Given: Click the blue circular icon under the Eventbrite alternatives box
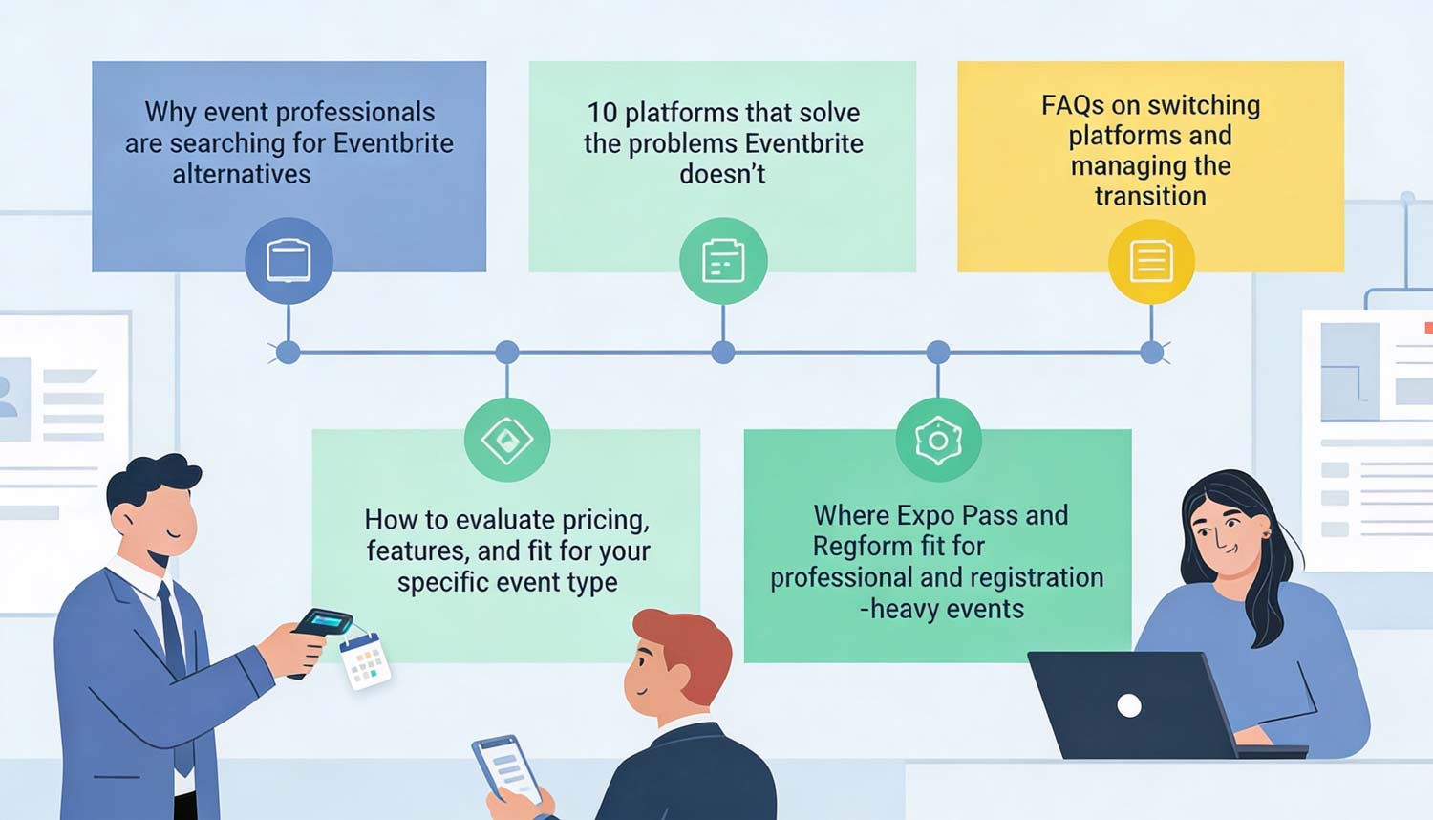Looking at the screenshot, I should (289, 261).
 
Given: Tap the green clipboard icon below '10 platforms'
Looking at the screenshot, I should (723, 261).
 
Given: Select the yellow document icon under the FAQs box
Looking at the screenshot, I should (1151, 261).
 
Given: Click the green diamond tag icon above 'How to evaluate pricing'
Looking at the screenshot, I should (507, 440).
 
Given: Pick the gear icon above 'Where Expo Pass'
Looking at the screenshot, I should (938, 440).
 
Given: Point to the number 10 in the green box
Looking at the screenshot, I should (602, 113).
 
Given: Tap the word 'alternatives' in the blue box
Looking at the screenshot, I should (242, 174).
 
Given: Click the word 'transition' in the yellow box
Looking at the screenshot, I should (1150, 196).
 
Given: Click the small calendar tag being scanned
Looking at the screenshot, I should (365, 659).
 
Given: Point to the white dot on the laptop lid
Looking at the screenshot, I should (1129, 705).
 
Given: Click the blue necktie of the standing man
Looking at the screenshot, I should (174, 650).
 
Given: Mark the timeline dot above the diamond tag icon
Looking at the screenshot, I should (507, 353).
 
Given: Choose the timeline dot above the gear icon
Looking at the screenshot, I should (938, 353).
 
